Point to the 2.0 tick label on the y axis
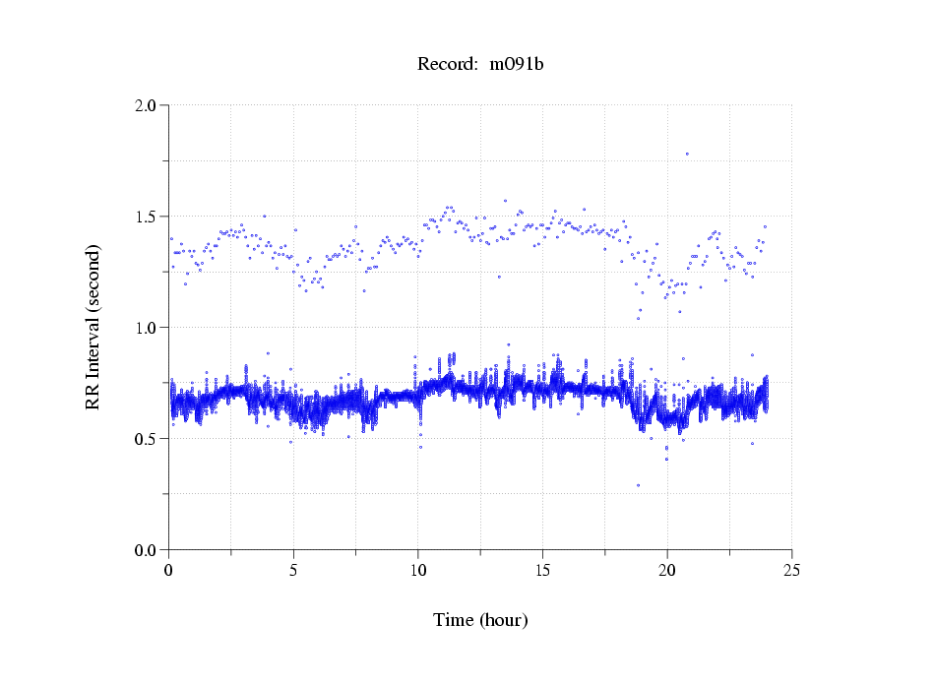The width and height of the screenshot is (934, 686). [x=148, y=105]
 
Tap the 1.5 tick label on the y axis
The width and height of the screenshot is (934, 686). [x=148, y=217]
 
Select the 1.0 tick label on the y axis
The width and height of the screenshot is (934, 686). [x=148, y=328]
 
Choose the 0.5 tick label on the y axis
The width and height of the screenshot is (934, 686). [x=148, y=439]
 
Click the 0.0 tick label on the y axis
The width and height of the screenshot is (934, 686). [x=148, y=550]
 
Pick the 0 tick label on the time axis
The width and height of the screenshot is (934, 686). [x=169, y=570]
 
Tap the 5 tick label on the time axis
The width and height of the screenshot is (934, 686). [x=293, y=570]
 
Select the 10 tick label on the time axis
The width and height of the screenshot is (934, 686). [x=418, y=570]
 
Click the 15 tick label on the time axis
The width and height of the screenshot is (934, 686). [x=542, y=570]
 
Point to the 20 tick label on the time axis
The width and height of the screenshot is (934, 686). [x=667, y=570]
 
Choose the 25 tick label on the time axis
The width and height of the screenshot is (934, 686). [x=791, y=570]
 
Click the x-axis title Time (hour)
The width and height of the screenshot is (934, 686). [x=480, y=620]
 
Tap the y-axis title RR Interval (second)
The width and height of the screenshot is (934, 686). [x=93, y=328]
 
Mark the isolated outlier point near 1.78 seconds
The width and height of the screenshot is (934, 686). [x=687, y=154]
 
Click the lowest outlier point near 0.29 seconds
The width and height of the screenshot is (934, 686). [x=638, y=485]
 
